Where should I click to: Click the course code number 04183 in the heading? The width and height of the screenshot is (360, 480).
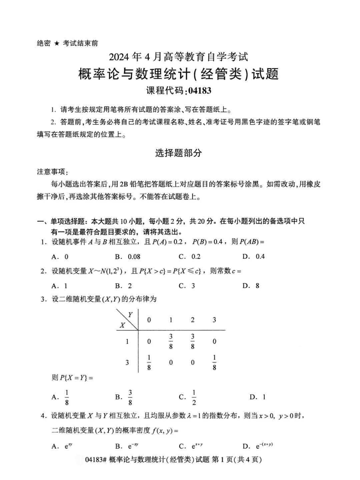[199, 91]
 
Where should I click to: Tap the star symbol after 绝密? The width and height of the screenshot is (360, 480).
[57, 43]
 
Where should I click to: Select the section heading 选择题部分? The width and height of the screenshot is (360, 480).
[179, 153]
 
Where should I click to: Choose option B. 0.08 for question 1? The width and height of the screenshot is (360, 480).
[128, 257]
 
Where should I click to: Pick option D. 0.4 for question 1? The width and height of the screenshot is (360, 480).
[254, 257]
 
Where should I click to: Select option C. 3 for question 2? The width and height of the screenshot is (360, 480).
[187, 286]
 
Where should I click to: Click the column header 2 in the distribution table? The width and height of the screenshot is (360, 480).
[192, 320]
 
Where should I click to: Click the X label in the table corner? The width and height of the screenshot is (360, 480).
[122, 325]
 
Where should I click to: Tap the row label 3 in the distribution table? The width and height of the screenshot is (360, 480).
[127, 362]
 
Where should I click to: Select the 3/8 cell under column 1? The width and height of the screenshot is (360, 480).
[171, 341]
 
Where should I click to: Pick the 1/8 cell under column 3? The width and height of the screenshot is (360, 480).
[214, 363]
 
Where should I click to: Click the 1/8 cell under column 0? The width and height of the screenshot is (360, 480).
[149, 363]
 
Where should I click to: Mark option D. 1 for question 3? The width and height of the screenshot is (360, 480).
[258, 397]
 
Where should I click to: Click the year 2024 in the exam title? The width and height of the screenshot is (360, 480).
[120, 57]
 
